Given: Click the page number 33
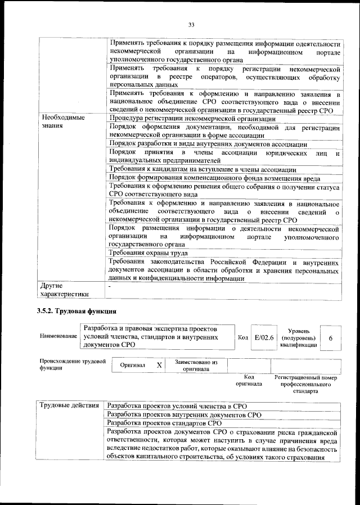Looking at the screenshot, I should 191,24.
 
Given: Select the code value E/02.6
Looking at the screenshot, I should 264,338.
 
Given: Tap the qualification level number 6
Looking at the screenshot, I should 330,339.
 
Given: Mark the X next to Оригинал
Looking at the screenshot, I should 159,365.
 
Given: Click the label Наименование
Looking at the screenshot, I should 58,336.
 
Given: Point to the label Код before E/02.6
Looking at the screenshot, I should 243,339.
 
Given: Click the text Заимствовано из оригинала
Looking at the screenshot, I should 196,366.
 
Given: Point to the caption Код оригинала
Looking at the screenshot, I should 250,380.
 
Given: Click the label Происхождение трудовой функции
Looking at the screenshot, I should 72,364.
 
